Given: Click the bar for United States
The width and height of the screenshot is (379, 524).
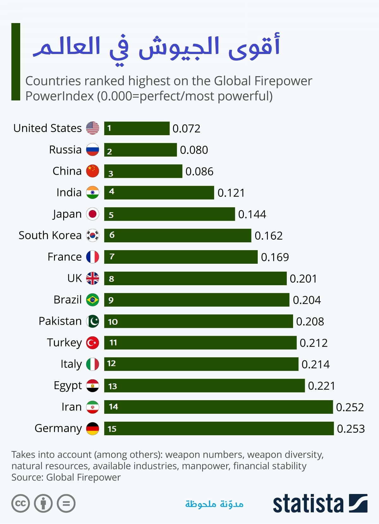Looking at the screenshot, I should pyautogui.click(x=137, y=128).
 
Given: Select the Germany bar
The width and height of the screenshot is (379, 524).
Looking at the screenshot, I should pyautogui.click(x=219, y=428).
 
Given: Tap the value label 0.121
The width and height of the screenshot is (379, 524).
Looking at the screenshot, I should pyautogui.click(x=231, y=193).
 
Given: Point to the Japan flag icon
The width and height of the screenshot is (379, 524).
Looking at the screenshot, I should pyautogui.click(x=93, y=214).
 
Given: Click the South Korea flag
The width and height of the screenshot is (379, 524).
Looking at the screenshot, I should pyautogui.click(x=93, y=235).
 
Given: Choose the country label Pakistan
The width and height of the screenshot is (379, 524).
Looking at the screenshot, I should pyautogui.click(x=60, y=321).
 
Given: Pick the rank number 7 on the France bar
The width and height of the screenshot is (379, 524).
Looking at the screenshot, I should pyautogui.click(x=112, y=256).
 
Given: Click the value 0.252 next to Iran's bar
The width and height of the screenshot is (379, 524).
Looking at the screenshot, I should pyautogui.click(x=350, y=407).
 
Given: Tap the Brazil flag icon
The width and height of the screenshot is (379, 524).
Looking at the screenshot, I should pyautogui.click(x=93, y=300).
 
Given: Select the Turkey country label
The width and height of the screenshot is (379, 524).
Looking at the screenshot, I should pyautogui.click(x=64, y=343).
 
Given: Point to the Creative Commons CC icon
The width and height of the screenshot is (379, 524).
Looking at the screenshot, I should pyautogui.click(x=21, y=503).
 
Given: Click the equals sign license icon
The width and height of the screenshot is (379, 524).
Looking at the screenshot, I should pyautogui.click(x=66, y=503).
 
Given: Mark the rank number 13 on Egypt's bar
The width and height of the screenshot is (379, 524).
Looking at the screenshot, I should pyautogui.click(x=112, y=386).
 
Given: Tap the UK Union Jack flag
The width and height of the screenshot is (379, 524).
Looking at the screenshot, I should pyautogui.click(x=93, y=278).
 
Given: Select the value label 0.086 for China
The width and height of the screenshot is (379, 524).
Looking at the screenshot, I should pyautogui.click(x=199, y=172).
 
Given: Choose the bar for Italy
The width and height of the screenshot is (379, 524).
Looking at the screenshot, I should pyautogui.click(x=201, y=364).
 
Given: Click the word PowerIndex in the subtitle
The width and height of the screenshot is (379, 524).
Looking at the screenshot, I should pyautogui.click(x=59, y=96).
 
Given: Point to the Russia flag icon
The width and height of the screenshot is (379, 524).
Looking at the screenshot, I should pyautogui.click(x=93, y=150).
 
